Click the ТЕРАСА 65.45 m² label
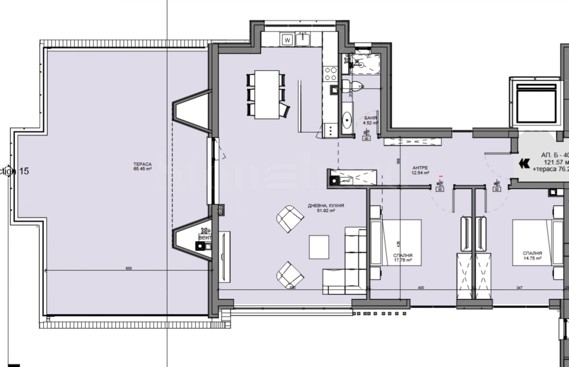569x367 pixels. [143, 167]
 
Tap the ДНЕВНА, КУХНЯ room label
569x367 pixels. [326, 208]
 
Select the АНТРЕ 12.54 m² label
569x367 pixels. [420, 170]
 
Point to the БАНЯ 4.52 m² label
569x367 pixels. [370, 120]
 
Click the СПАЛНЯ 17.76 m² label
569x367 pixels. [403, 257]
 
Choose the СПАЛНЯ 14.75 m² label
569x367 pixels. [532, 256]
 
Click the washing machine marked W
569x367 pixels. [288, 40]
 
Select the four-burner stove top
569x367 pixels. [331, 74]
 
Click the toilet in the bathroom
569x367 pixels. [350, 85]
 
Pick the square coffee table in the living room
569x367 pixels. [319, 247]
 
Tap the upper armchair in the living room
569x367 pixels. [290, 219]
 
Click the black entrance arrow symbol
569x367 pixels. [524, 164]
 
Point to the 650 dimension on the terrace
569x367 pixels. [129, 268]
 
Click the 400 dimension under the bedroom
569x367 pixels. [421, 288]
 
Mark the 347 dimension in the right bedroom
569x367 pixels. [520, 288]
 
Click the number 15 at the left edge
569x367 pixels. [24, 171]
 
